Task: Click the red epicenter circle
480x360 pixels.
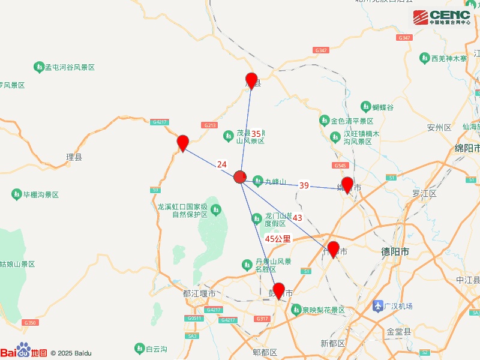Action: (x=240, y=176)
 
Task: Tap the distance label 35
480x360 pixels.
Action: (x=256, y=134)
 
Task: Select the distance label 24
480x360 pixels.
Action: (x=222, y=164)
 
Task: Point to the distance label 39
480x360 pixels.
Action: (x=304, y=186)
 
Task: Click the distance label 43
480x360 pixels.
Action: (x=298, y=217)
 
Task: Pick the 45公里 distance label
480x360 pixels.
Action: (x=278, y=238)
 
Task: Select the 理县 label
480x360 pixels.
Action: (x=74, y=158)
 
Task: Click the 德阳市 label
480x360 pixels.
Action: (x=395, y=252)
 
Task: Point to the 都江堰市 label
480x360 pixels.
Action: (x=199, y=293)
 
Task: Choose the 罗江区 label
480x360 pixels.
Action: (x=424, y=193)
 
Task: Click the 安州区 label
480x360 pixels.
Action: (x=439, y=127)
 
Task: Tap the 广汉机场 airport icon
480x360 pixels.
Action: (x=378, y=306)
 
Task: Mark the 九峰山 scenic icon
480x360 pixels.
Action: (x=257, y=181)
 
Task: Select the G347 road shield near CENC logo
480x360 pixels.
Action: (x=404, y=38)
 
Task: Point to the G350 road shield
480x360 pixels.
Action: (x=31, y=323)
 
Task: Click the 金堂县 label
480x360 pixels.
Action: (x=398, y=331)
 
